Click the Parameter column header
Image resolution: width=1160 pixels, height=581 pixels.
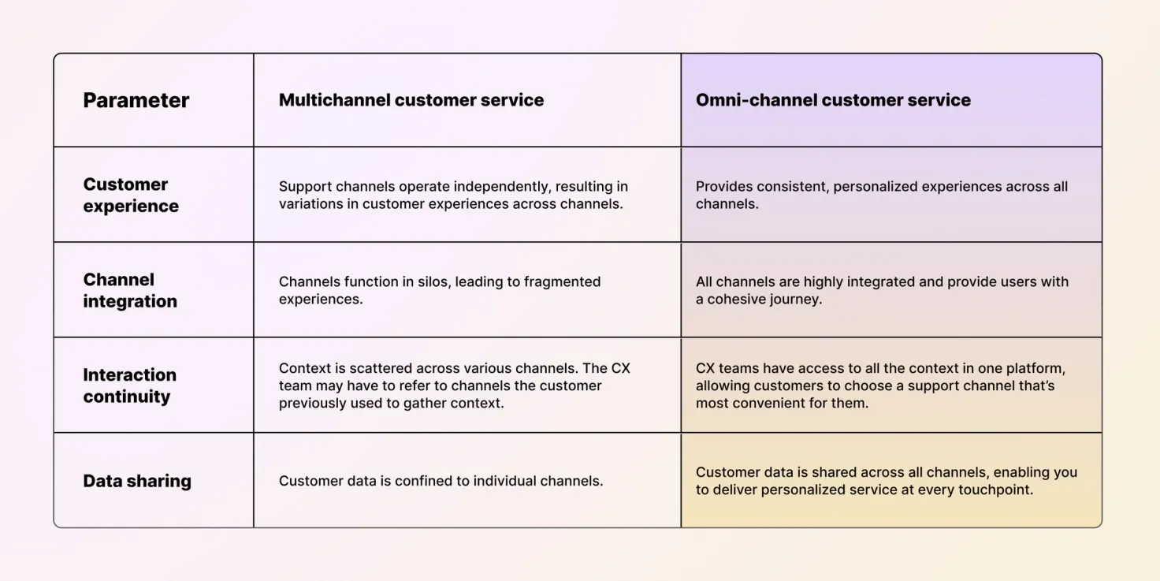[136, 100]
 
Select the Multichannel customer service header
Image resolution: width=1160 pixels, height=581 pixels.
[411, 100]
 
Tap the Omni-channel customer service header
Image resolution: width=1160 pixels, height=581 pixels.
[832, 100]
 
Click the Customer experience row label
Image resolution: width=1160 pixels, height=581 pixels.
[131, 195]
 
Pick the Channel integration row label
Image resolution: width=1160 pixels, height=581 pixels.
[130, 290]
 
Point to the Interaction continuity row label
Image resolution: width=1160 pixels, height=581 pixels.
[129, 385]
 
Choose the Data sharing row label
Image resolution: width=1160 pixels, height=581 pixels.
[137, 481]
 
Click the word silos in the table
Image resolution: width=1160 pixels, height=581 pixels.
[424, 281]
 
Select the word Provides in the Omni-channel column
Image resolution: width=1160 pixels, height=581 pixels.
[723, 187]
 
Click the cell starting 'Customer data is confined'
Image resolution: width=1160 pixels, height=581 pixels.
[441, 481]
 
